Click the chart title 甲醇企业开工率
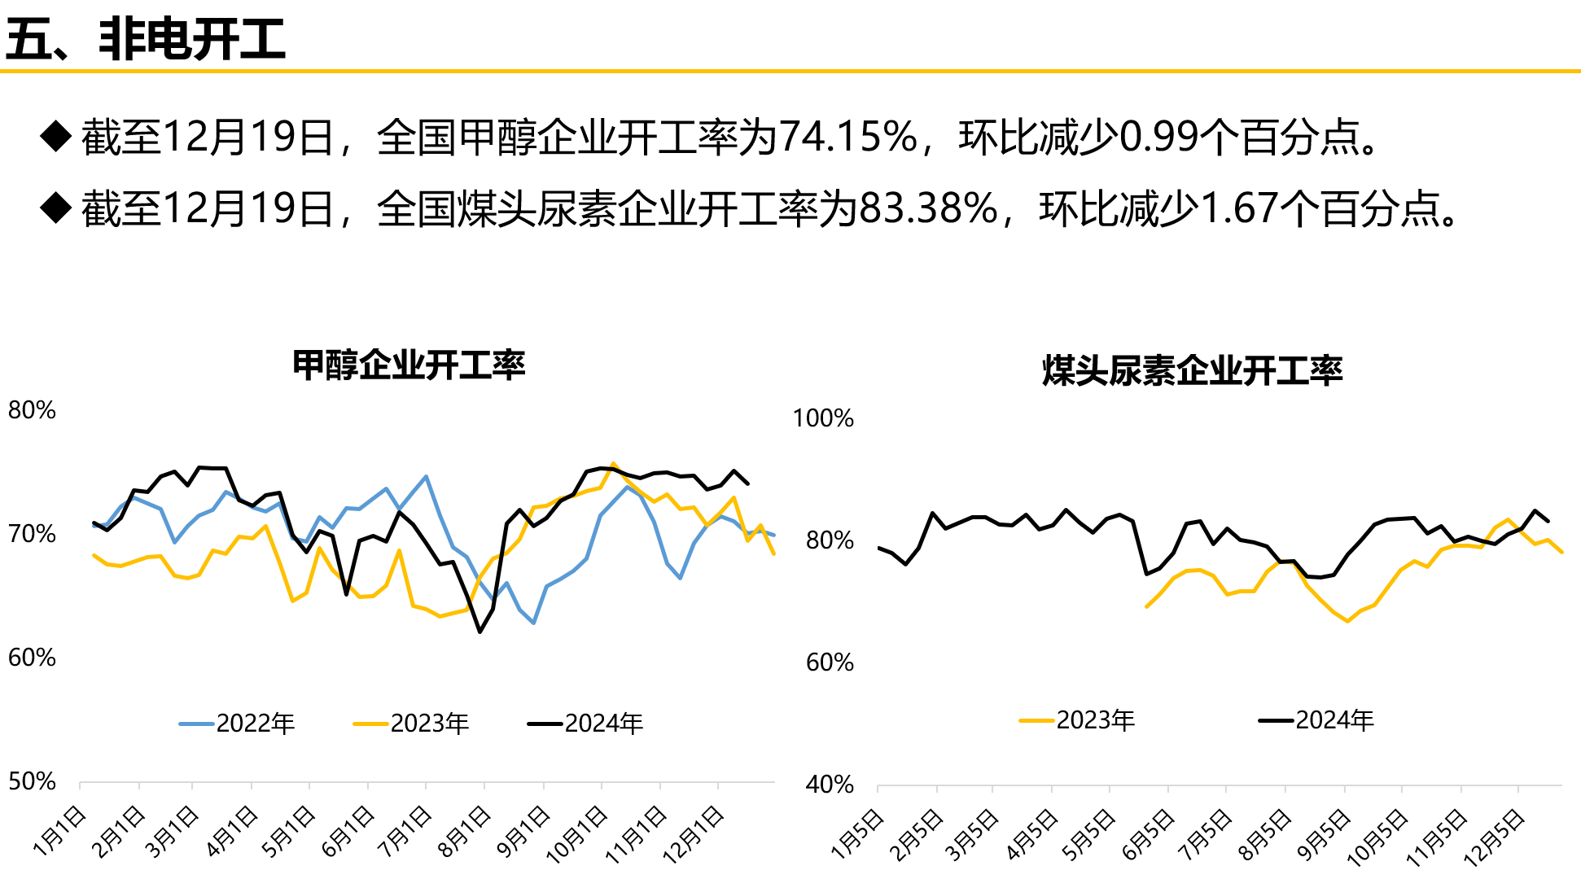point(409,365)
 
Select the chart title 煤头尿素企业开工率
point(1192,371)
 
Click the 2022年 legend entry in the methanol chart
point(238,723)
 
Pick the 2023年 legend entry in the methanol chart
point(412,723)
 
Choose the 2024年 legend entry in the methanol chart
point(586,723)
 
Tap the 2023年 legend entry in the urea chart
point(1078,719)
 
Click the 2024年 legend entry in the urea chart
point(1317,719)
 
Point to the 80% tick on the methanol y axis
point(32,410)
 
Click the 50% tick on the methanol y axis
point(32,781)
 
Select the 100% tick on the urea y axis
point(823,418)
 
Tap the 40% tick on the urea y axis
point(830,785)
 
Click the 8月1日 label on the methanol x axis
point(465,832)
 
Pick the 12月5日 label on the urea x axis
point(1494,836)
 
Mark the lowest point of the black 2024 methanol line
point(480,632)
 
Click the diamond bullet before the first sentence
point(56,136)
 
